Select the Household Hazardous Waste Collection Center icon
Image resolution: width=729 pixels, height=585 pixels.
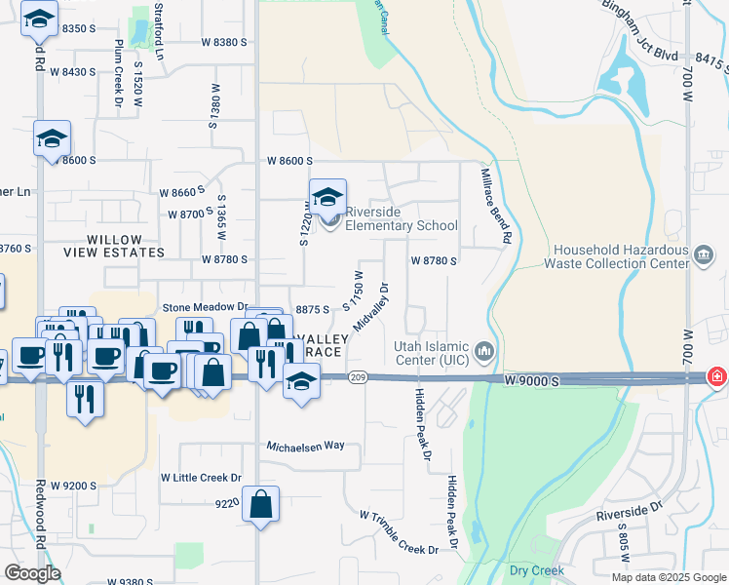coord(704,255)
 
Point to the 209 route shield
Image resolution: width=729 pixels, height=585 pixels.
coord(358,378)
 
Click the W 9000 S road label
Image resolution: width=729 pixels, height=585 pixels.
coord(532,381)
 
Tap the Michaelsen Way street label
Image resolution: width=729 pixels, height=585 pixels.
coord(307,445)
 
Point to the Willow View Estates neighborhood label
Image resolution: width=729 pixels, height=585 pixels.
coord(114,246)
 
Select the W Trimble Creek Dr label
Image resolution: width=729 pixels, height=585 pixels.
coord(399,532)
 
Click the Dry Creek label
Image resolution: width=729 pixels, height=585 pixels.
coord(529,569)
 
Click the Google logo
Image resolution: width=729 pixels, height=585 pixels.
coord(32,573)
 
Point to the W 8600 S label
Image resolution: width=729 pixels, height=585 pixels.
coord(290,161)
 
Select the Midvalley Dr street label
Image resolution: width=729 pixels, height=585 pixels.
coord(371,307)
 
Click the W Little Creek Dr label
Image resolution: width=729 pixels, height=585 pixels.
coord(201,478)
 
